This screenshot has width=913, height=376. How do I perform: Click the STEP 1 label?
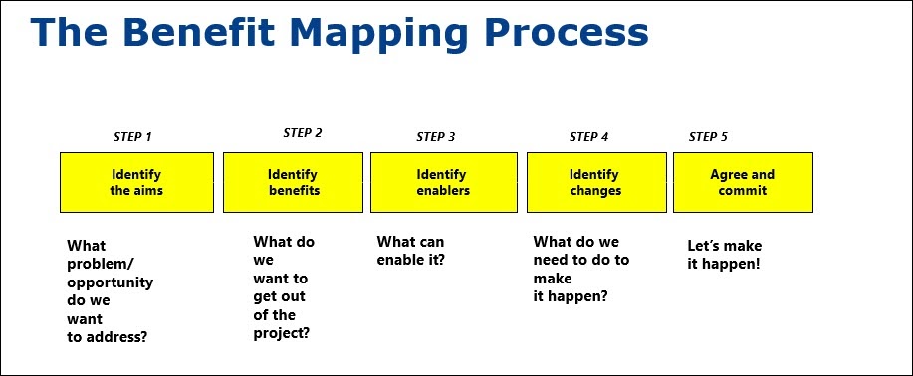point(132,137)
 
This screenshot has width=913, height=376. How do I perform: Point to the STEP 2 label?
point(303,132)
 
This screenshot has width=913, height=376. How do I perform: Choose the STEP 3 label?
point(436,137)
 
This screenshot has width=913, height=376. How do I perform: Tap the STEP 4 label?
point(589,137)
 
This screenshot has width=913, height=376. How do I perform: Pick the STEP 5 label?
point(709,136)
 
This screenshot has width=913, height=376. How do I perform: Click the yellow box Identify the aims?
point(136,182)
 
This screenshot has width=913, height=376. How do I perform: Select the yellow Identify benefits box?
point(293,182)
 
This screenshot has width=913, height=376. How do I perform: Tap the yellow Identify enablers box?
point(443,182)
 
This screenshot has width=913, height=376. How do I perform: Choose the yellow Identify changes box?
point(595,182)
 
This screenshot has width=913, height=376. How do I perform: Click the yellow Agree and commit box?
point(743,182)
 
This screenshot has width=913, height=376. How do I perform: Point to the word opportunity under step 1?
point(111,282)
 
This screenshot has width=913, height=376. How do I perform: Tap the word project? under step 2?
point(282,333)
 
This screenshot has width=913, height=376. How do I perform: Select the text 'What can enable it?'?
point(410,251)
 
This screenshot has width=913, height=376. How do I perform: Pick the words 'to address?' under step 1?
point(108,337)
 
